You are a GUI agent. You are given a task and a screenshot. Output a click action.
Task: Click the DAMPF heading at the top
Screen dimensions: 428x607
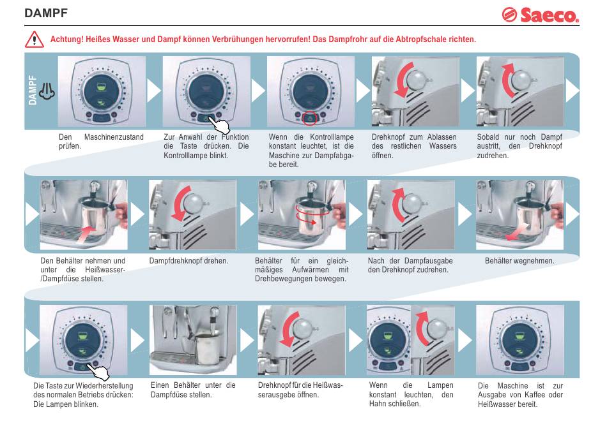[x=46, y=13]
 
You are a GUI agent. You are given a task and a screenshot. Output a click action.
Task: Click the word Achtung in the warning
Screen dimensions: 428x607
[x=66, y=40]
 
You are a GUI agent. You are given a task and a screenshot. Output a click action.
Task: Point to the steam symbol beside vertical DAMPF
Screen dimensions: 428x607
[x=48, y=93]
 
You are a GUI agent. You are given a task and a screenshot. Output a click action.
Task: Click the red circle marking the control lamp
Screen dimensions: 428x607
[x=311, y=117]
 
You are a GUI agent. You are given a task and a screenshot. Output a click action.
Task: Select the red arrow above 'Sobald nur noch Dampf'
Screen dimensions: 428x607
[x=508, y=79]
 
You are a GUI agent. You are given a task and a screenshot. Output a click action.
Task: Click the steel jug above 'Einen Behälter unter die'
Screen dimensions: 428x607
[x=207, y=350]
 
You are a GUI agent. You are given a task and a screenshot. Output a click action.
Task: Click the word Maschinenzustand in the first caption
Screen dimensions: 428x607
[x=114, y=137]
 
